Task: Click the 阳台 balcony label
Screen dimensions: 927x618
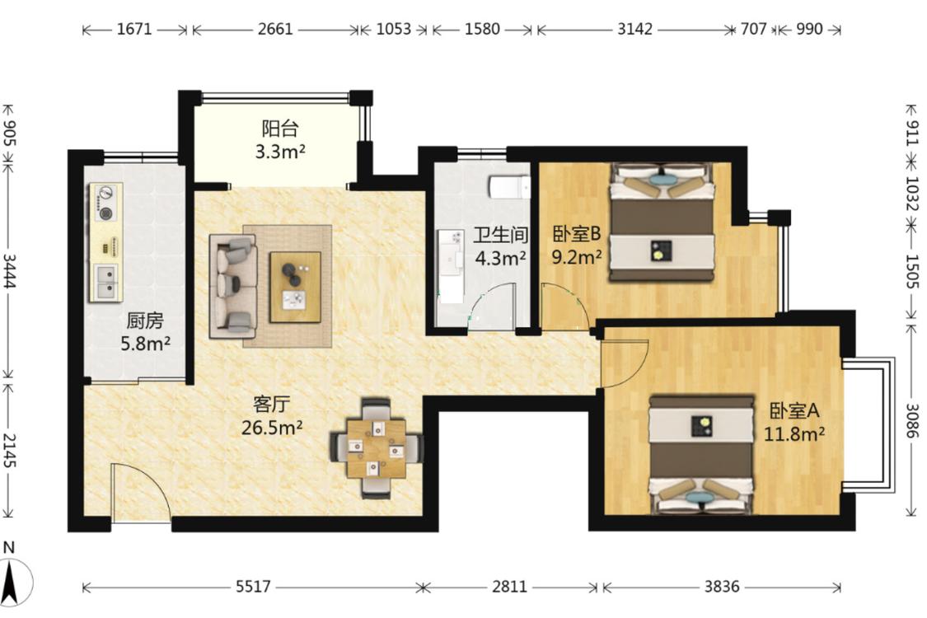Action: (x=280, y=128)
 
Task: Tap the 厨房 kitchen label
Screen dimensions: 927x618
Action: (x=145, y=321)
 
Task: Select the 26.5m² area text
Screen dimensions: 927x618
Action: (x=272, y=427)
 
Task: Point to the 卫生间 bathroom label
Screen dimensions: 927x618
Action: (x=500, y=235)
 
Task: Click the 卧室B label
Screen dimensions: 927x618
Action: (x=577, y=234)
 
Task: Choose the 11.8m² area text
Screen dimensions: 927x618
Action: (x=794, y=434)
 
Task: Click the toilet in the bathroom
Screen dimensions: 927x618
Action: (x=509, y=186)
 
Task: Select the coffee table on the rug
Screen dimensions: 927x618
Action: (x=295, y=288)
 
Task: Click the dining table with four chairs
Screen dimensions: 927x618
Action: (x=376, y=448)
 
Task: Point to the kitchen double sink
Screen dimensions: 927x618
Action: (x=106, y=283)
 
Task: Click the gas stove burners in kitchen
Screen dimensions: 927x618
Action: (x=105, y=202)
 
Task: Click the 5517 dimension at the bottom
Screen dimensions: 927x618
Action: (x=253, y=587)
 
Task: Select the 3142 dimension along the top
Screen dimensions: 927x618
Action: (x=635, y=29)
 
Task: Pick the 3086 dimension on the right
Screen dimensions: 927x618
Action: (x=912, y=420)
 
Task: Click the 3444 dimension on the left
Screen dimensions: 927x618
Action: (x=9, y=271)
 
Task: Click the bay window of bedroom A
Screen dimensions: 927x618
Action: (x=870, y=425)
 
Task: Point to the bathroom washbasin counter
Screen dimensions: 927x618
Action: (x=451, y=266)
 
